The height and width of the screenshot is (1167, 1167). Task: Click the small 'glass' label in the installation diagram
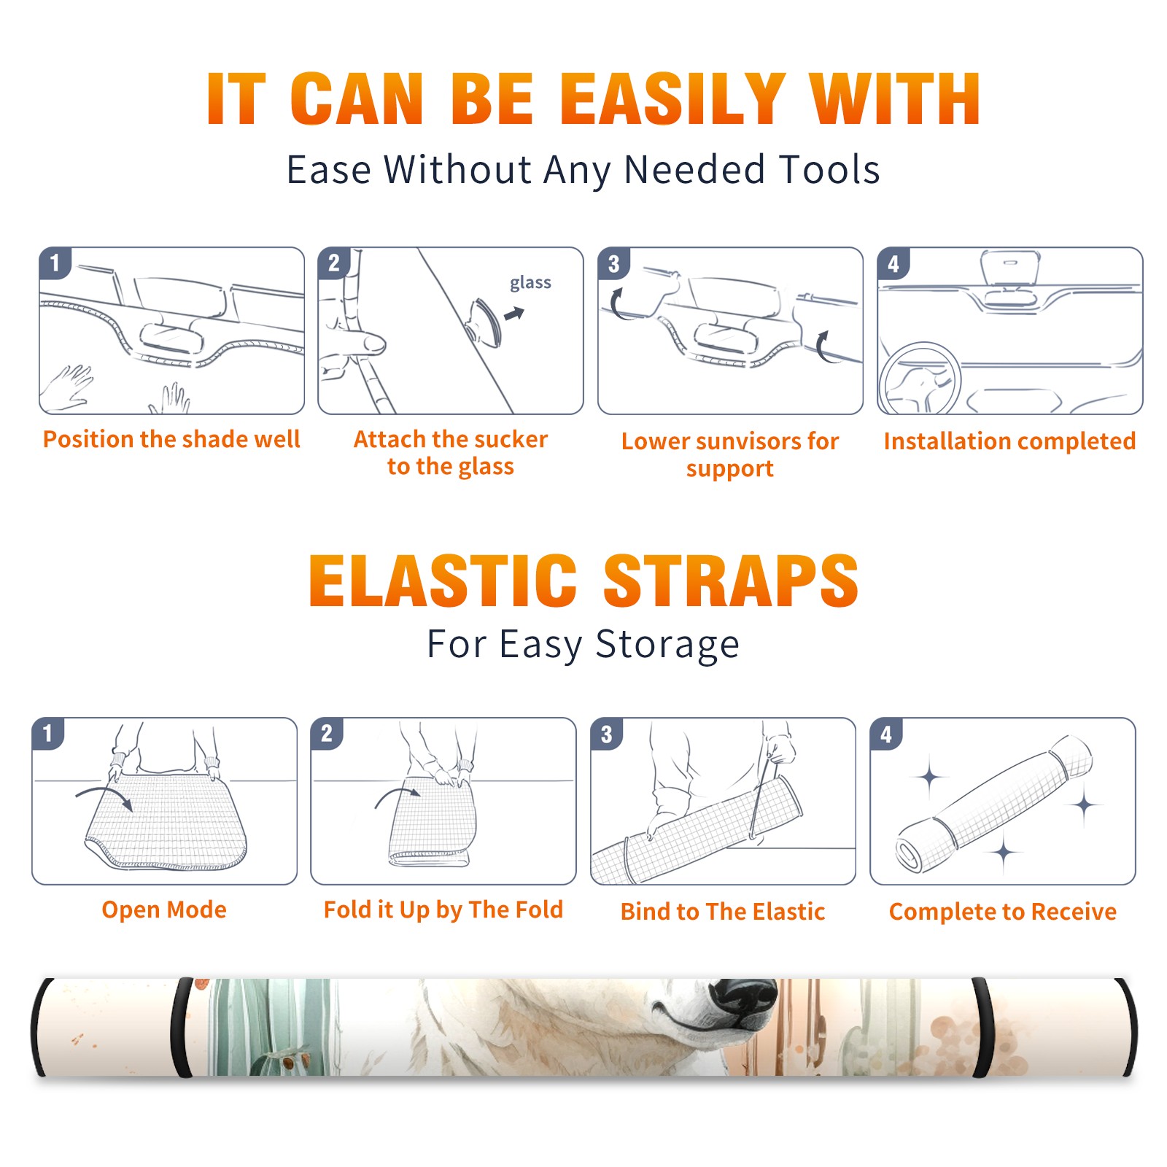[x=530, y=283]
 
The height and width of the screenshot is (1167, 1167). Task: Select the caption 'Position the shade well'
[x=171, y=439]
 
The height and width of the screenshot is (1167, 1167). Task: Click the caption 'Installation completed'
[x=1009, y=441]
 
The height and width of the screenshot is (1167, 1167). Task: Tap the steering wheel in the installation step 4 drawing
[x=920, y=379]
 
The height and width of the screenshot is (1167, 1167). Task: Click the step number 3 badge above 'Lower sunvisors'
[x=613, y=263]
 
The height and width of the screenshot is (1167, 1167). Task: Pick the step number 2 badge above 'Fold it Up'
[x=327, y=733]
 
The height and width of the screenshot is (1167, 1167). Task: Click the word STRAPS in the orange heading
[x=731, y=581]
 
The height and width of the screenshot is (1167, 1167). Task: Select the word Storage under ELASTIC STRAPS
[x=667, y=645]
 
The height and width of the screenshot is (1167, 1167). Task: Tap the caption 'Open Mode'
[x=164, y=910]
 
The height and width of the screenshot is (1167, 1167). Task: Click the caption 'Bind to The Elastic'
[x=723, y=912]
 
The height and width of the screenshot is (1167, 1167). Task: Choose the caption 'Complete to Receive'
[x=1003, y=912]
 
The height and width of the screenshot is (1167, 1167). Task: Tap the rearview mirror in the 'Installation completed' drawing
[x=1009, y=268]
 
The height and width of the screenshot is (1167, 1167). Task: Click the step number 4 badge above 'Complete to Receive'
[x=886, y=734]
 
